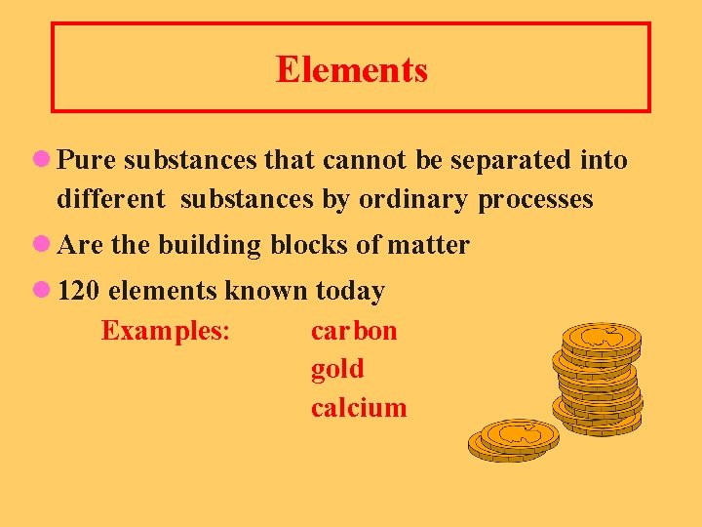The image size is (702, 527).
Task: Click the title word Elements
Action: coord(351,69)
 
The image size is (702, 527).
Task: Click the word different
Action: coord(111,199)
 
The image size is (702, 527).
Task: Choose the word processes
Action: coord(535,199)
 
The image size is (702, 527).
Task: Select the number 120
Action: coord(80,291)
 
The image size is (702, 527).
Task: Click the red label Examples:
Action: coord(165,330)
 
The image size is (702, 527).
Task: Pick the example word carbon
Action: coord(354,330)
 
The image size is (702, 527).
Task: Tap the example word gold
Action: coord(337,369)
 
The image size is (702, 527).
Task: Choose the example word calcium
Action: coord(359,407)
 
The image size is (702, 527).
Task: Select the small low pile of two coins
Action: coord(514,439)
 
